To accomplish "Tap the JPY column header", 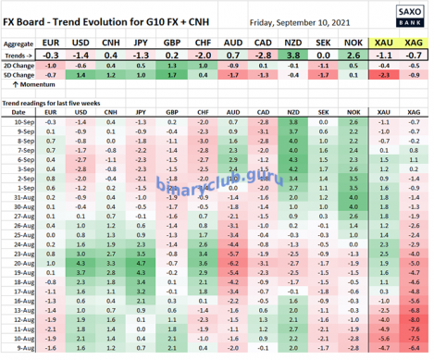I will [x=142, y=43].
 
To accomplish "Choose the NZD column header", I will [x=293, y=43].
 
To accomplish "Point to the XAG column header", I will [x=414, y=43].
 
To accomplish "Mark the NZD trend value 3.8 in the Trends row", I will [x=293, y=56].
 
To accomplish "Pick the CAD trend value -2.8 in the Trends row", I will [x=263, y=56].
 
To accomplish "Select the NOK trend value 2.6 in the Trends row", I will [x=353, y=56].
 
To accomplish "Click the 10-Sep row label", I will [x=19, y=121].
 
